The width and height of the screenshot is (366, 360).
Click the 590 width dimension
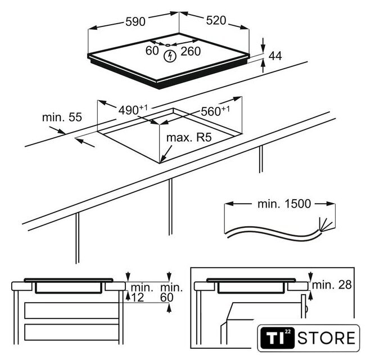tap(135, 21)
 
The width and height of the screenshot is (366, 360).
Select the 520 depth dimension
tap(216, 20)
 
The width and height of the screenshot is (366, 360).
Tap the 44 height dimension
tap(275, 56)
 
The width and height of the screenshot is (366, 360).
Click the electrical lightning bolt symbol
tap(170, 56)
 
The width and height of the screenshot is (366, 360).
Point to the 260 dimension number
tap(191, 51)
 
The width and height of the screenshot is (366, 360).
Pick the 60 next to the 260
tap(152, 51)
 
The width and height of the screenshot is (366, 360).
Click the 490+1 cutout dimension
tap(133, 110)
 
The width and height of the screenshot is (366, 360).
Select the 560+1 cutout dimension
tap(215, 111)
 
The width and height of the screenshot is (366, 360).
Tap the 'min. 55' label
tap(62, 117)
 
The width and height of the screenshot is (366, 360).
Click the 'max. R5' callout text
tap(189, 137)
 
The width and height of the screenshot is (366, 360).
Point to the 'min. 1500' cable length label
tap(284, 204)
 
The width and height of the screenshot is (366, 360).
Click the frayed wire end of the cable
tap(325, 224)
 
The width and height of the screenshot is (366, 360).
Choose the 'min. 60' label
tap(171, 292)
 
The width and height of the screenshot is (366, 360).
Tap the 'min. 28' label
tap(332, 285)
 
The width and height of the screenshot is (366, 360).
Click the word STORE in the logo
tap(326, 338)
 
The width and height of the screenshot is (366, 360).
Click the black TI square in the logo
tap(277, 338)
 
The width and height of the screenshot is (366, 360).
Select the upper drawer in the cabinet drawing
tap(71, 310)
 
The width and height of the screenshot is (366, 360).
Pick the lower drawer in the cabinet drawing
tap(71, 332)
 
